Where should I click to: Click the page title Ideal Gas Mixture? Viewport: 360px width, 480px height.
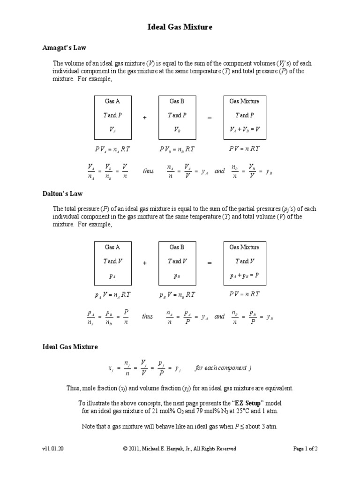point(180,28)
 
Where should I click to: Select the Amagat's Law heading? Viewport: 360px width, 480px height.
point(64,48)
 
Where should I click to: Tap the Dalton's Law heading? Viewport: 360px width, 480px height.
point(63,193)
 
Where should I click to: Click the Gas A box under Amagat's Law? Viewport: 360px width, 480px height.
point(112,117)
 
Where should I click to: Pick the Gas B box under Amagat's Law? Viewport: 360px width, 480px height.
point(177,117)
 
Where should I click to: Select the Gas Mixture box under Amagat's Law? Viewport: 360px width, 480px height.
point(244,117)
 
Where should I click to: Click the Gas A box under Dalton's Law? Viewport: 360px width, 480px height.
point(112,263)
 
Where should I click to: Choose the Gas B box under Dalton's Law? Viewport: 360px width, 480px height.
point(177,263)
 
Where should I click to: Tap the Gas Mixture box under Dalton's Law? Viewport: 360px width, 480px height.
point(244,263)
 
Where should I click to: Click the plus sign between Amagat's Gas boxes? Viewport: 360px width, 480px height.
point(145,118)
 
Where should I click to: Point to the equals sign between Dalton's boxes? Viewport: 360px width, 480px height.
point(210,264)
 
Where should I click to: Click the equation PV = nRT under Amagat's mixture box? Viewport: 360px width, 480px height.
point(244,149)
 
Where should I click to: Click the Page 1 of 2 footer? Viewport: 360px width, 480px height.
point(305,449)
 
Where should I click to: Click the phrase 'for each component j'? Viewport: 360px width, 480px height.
point(224,368)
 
